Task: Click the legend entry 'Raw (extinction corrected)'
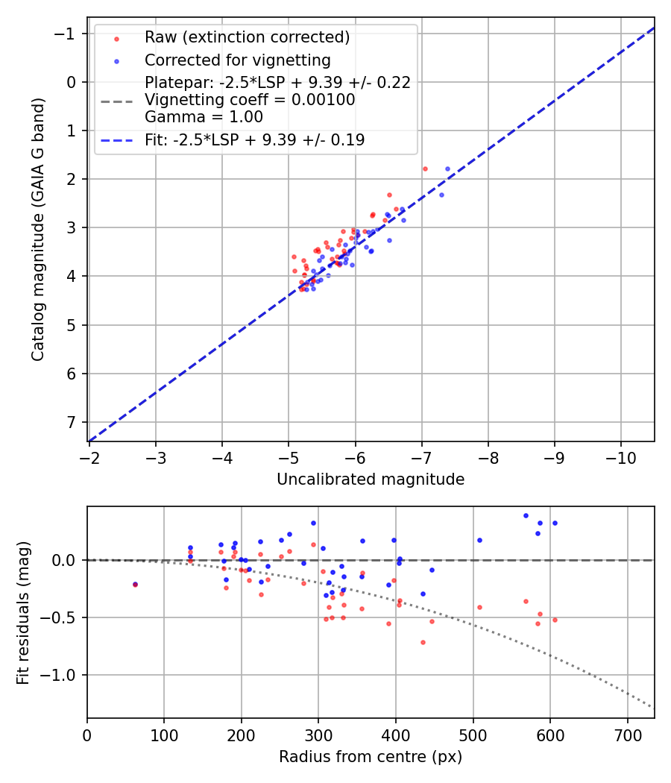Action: pyautogui.click(x=247, y=37)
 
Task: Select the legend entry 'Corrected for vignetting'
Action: pyautogui.click(x=237, y=60)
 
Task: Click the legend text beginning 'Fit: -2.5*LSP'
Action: pyautogui.click(x=254, y=139)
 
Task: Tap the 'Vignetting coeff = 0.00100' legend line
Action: pyautogui.click(x=250, y=100)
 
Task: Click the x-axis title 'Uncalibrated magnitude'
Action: pyautogui.click(x=371, y=479)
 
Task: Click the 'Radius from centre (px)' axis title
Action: pyautogui.click(x=371, y=757)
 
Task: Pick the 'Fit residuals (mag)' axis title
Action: pyautogui.click(x=23, y=612)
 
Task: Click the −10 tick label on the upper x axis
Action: pyautogui.click(x=621, y=457)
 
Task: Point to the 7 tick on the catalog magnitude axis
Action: pyautogui.click(x=72, y=422)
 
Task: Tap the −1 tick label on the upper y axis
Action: pyautogui.click(x=68, y=34)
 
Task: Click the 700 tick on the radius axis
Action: pyautogui.click(x=627, y=735)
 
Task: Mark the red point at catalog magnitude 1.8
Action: pyautogui.click(x=425, y=169)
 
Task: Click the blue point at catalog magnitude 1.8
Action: pyautogui.click(x=447, y=169)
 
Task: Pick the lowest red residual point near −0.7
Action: pyautogui.click(x=423, y=642)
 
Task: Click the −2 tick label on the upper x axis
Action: pyautogui.click(x=89, y=457)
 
